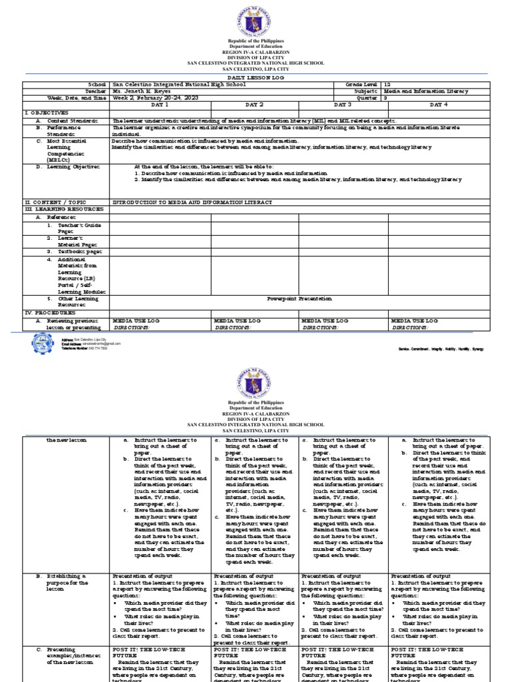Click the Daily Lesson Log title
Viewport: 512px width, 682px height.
click(255, 78)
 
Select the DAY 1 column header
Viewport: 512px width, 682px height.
click(160, 105)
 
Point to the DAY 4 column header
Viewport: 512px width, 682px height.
click(438, 105)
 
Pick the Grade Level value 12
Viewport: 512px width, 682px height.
click(389, 85)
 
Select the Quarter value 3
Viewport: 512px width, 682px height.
click(387, 97)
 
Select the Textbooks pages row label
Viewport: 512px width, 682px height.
click(73, 252)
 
